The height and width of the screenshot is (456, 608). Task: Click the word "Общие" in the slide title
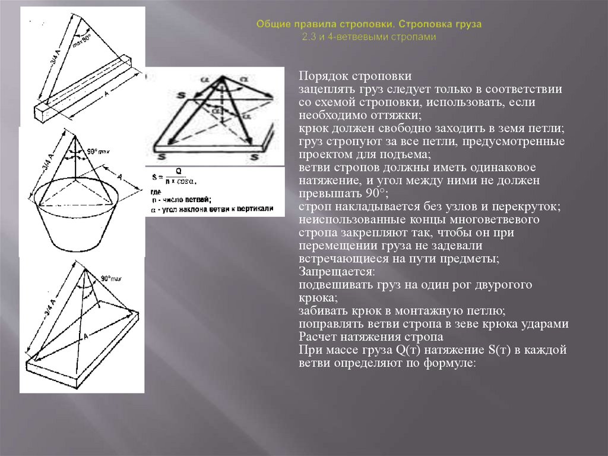pos(271,26)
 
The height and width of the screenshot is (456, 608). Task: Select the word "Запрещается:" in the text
pos(337,272)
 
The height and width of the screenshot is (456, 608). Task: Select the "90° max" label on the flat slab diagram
pos(111,278)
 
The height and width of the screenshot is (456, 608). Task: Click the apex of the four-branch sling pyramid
pos(220,76)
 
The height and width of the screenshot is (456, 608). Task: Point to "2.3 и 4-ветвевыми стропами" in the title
pos(369,36)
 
